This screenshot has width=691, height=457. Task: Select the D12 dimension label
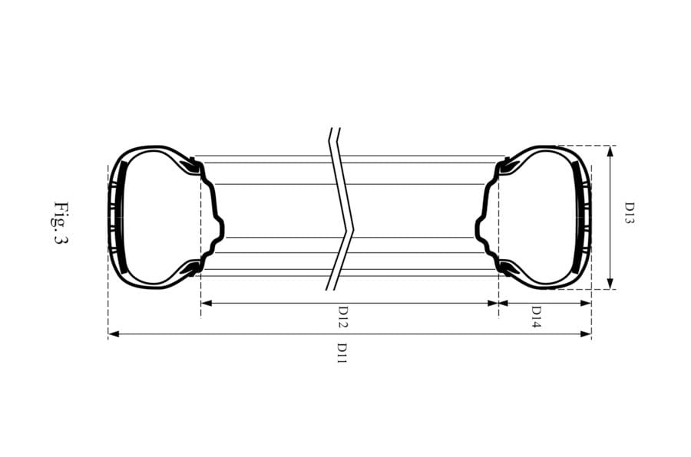coord(343,316)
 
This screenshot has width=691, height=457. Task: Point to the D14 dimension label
coord(537,316)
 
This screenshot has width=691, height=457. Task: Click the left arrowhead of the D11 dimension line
coord(112,334)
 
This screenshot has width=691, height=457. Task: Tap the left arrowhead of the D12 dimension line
coord(205,303)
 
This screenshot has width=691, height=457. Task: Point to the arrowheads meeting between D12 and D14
coord(498,303)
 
